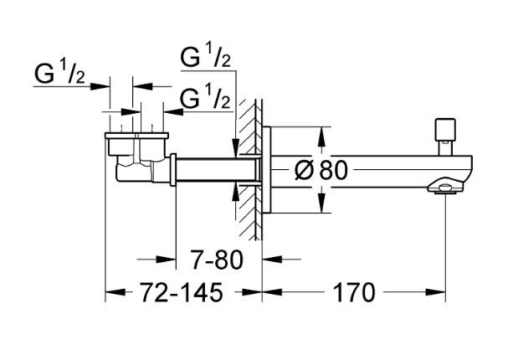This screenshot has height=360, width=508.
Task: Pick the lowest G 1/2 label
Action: [206, 100]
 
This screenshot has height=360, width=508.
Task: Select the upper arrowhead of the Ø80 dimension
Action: [322, 131]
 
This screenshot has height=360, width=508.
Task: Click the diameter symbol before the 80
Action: [305, 171]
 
